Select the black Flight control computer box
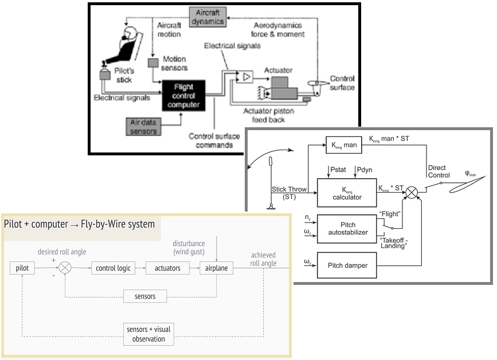(x=183, y=95)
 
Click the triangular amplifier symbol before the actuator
(x=246, y=76)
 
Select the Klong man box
(x=342, y=146)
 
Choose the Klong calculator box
(x=346, y=192)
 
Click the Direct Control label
(x=440, y=171)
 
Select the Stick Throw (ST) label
(x=290, y=193)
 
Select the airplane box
(x=216, y=268)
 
